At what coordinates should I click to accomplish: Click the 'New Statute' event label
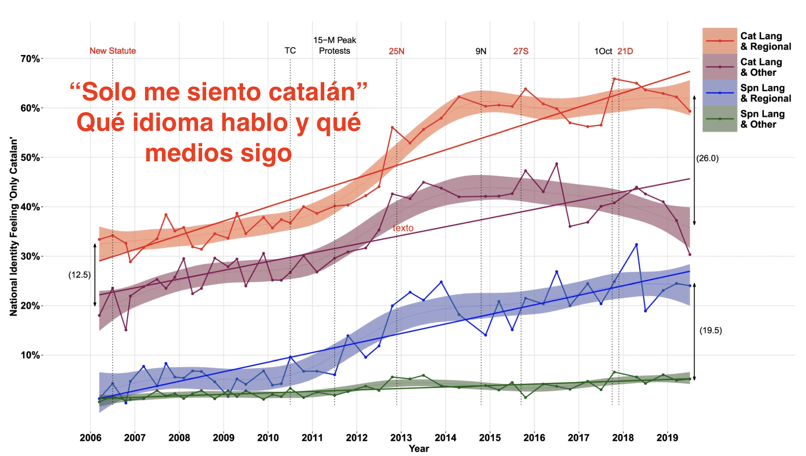113,51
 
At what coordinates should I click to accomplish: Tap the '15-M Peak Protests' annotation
335,45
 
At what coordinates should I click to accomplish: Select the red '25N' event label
397,51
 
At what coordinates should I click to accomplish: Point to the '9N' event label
481,51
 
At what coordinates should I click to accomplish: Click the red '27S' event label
521,51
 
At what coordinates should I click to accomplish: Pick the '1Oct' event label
603,51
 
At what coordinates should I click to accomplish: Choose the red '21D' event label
625,51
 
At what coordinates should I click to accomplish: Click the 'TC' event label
290,51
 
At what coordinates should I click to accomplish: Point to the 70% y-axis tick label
30,59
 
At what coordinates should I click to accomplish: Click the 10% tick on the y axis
30,355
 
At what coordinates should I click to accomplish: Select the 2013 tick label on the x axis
401,438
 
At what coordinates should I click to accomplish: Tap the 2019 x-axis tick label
667,438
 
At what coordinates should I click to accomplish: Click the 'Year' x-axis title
419,449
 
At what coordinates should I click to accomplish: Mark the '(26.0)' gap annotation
708,158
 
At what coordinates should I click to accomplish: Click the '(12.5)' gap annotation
80,275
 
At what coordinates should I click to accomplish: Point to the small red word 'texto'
403,228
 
